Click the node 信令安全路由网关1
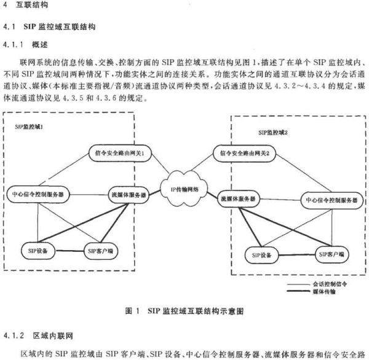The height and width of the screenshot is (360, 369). point(120,154)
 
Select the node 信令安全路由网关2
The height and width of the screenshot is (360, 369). point(244,154)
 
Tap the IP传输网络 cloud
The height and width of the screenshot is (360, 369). point(184,189)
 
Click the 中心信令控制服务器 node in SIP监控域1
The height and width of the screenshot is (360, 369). point(38,195)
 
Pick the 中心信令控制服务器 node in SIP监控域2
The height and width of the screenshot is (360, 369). point(332,200)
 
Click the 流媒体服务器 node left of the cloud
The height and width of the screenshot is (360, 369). point(129,195)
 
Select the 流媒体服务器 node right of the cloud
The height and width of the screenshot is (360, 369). point(238,199)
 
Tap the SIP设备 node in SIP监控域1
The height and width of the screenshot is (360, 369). point(38,251)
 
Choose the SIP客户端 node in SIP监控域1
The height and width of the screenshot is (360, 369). point(101,251)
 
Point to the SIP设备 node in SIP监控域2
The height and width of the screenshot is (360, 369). point(262,255)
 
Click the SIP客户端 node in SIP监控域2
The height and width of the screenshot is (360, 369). point(331,254)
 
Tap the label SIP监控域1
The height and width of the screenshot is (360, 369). point(29,127)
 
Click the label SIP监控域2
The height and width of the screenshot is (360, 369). point(273,133)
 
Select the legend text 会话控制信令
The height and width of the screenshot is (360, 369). point(330,284)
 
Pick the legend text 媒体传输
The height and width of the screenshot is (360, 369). point(324,292)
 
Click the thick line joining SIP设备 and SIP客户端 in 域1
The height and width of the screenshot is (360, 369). point(69,251)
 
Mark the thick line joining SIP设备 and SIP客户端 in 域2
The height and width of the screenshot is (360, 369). point(297,255)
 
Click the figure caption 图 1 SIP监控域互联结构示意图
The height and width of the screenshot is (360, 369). point(184,311)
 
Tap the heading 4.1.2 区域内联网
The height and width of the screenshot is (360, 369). point(38,335)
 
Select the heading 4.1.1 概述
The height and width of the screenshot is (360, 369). point(25,44)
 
